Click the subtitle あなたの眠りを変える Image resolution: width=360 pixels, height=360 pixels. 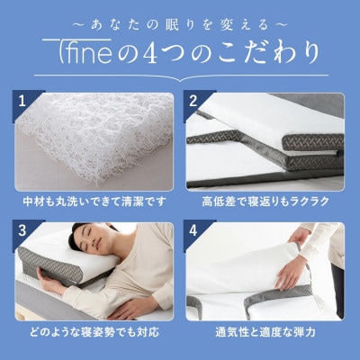coord(180,18)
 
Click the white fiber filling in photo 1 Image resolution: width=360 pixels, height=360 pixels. coord(99,135)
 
